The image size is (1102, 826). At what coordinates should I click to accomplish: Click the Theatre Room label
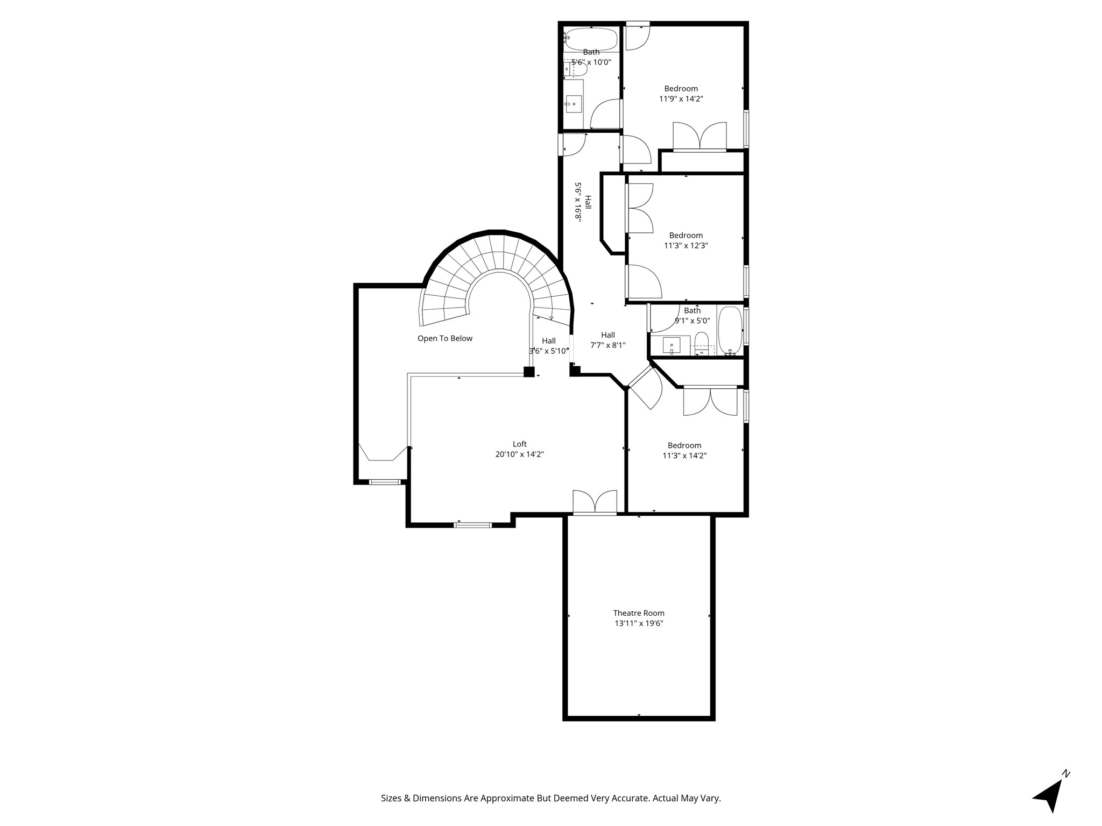pos(639,613)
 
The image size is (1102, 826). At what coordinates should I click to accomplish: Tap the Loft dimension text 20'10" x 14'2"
pos(519,454)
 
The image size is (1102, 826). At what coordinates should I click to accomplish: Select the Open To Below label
pos(444,338)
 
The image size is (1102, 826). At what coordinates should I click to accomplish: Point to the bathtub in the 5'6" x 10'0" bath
pos(591,39)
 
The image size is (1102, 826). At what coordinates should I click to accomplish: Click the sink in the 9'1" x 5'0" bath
pos(672,345)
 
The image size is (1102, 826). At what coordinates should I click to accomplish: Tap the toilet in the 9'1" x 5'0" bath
pos(701,341)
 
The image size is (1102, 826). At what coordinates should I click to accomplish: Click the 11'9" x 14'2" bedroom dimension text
pos(681,99)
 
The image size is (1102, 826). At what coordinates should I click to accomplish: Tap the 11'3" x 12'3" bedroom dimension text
pos(686,246)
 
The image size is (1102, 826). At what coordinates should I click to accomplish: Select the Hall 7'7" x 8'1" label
pos(607,340)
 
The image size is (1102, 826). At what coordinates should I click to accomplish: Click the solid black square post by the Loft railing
pos(529,372)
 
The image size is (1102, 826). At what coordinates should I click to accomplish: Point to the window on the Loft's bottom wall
pos(472,524)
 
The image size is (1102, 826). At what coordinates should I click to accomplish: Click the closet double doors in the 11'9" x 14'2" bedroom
pos(700,137)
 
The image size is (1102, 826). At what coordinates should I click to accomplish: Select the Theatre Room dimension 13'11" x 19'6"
pos(639,624)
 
